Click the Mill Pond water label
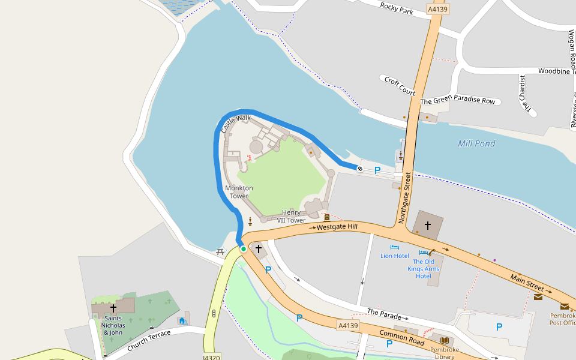[476, 143]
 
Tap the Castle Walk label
[236, 124]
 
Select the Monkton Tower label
[239, 192]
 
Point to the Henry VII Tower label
[292, 217]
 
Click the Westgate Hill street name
[337, 227]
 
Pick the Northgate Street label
[405, 197]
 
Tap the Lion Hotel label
[395, 256]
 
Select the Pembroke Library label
[444, 353]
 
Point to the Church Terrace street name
[149, 340]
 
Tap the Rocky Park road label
[397, 10]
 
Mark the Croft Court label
[400, 86]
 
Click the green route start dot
[244, 248]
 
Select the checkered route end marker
[359, 169]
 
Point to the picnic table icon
[220, 252]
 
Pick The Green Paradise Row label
[458, 100]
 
